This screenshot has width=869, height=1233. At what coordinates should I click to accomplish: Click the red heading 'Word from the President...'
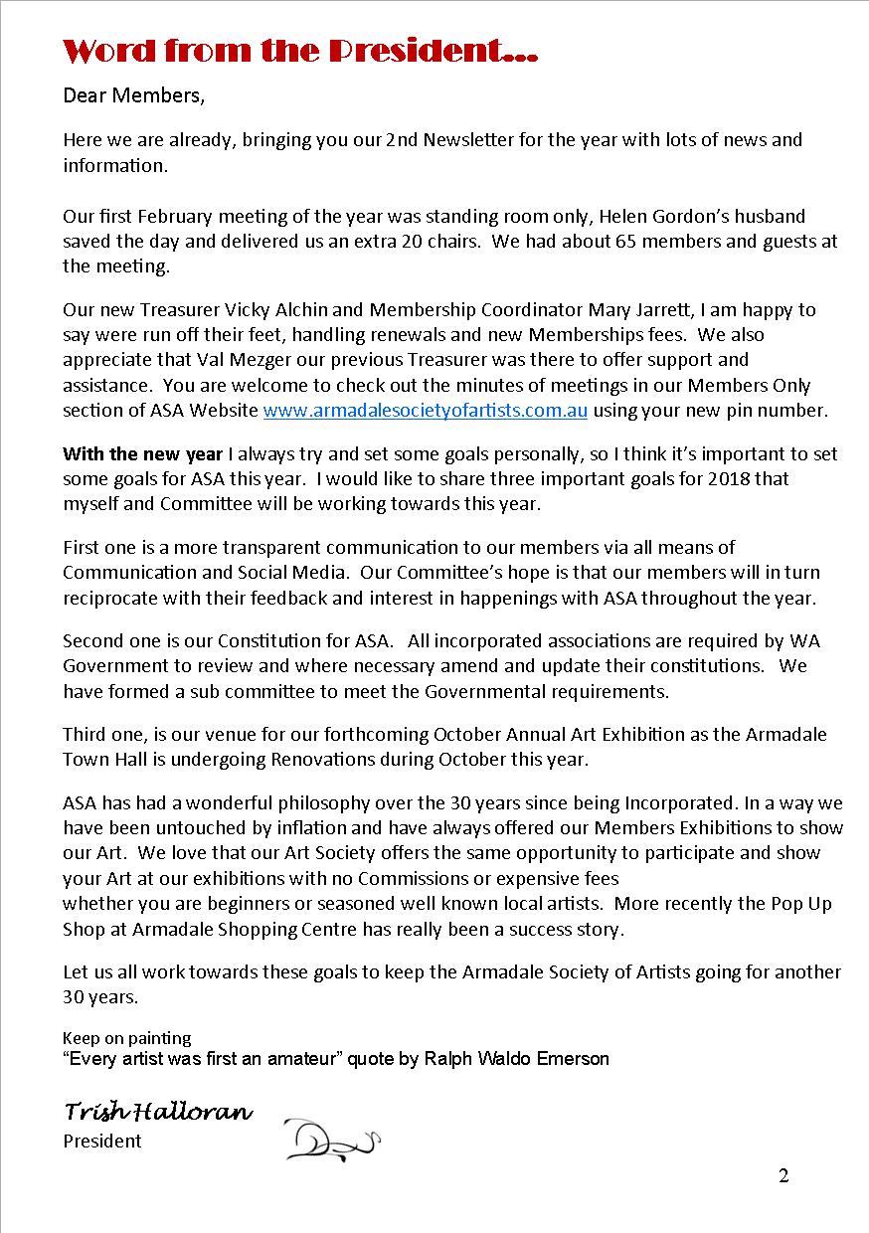(300, 51)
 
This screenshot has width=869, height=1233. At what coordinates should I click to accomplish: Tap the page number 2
(783, 1177)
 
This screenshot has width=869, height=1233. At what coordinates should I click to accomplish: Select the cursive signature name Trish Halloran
(158, 1112)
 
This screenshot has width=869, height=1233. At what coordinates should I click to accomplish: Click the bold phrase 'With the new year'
(142, 454)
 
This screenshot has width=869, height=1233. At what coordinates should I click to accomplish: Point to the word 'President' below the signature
(102, 1142)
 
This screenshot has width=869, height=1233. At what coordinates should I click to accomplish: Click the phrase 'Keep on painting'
(126, 1039)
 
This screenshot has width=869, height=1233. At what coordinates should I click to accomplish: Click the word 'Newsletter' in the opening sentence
(471, 140)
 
